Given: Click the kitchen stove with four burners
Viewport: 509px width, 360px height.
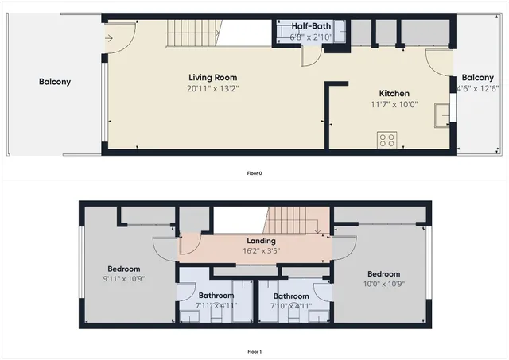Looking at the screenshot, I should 387,140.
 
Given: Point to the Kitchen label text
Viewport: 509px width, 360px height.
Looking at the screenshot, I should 394,92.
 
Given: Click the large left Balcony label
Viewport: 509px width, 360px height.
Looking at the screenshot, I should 55,82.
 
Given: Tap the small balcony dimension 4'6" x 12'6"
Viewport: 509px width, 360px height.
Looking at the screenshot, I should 474,88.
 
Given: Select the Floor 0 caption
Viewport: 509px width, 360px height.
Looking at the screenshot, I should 254,172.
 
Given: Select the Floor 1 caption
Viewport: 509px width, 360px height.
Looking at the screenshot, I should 254,351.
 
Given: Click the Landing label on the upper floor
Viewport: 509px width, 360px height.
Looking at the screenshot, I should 261,241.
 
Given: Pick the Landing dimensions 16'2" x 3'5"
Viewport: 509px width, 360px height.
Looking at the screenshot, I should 261,251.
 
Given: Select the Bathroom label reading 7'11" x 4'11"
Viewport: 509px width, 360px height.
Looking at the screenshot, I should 216,304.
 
